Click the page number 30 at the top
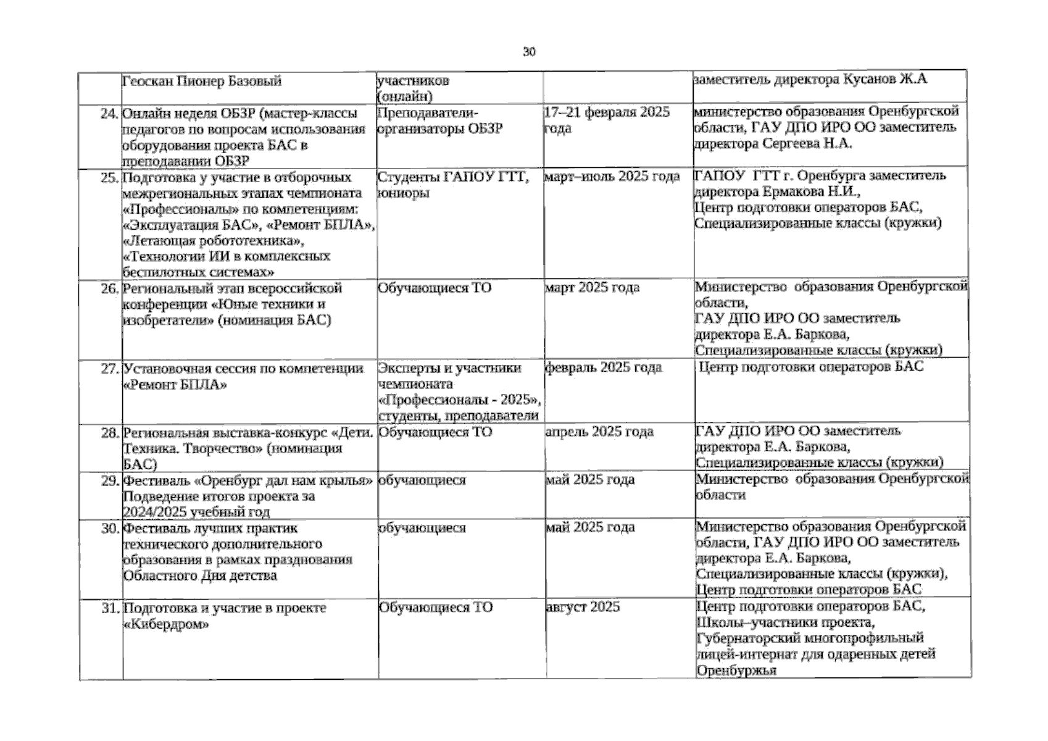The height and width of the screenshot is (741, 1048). (x=529, y=52)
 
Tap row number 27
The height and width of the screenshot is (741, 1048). (x=109, y=369)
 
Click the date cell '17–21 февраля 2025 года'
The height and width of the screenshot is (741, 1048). (x=606, y=120)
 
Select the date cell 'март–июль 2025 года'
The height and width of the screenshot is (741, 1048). (x=612, y=177)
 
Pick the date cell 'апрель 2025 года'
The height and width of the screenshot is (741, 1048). (x=599, y=432)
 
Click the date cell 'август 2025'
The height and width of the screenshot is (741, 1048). (x=583, y=607)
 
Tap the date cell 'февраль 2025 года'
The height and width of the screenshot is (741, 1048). (x=603, y=368)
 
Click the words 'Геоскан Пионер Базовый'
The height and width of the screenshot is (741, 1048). (x=202, y=82)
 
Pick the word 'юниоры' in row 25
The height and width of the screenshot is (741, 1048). (x=403, y=193)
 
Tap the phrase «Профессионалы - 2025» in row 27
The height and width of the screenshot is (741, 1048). (x=459, y=400)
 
